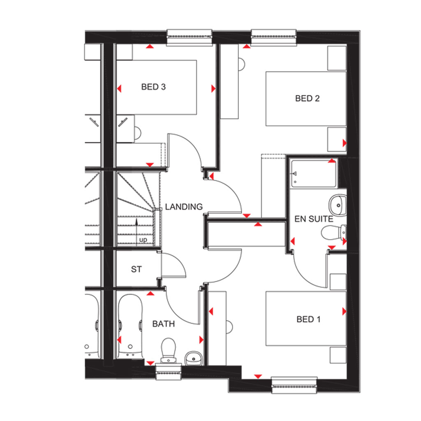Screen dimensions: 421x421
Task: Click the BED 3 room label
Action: [153, 87]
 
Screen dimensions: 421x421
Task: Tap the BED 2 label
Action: [307, 98]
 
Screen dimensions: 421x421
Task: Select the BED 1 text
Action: [308, 319]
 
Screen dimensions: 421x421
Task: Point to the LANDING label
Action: [184, 206]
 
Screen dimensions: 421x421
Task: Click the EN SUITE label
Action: [314, 219]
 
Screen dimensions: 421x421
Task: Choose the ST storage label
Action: [136, 269]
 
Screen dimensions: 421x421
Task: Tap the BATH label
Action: [163, 324]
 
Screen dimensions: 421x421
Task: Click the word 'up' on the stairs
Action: [143, 240]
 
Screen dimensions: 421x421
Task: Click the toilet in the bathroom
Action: [168, 350]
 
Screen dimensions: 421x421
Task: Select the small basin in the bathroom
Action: [193, 359]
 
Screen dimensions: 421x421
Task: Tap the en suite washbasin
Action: [338, 206]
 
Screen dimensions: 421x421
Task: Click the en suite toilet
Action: [334, 233]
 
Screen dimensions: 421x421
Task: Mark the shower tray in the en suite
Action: [313, 174]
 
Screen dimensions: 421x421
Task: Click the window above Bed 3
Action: [189, 37]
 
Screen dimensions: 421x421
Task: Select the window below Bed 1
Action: [294, 386]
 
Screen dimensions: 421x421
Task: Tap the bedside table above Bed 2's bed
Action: [337, 58]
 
